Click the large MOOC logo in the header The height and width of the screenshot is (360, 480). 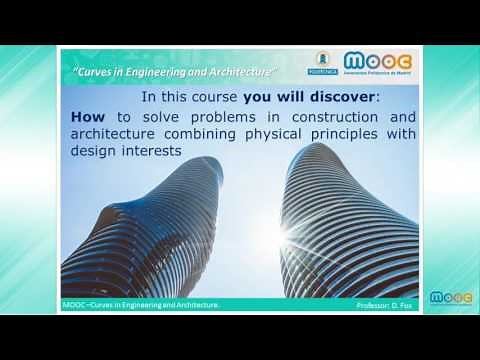(378, 65)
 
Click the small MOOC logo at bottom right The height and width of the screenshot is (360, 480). (446, 298)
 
